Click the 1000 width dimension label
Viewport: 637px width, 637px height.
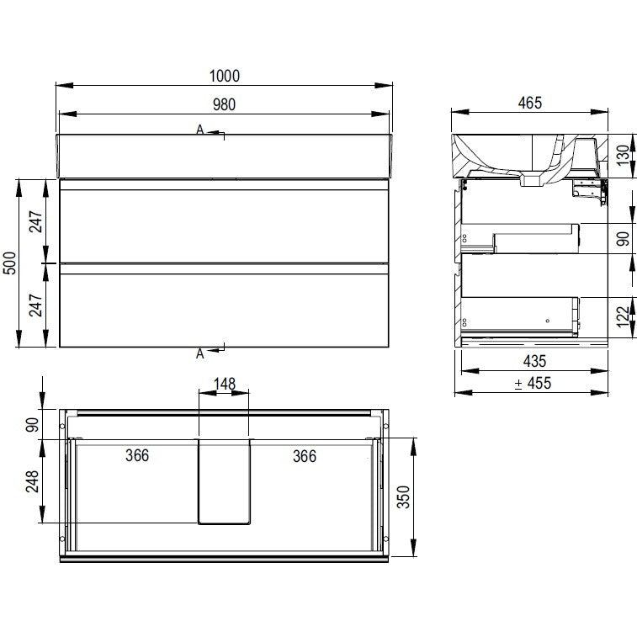[224, 76]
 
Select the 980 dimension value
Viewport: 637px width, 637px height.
[224, 105]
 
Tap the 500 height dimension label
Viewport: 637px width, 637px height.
[10, 263]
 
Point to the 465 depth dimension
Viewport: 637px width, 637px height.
[530, 103]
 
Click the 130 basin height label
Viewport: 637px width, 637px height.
[623, 156]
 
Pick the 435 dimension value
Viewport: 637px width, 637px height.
[534, 361]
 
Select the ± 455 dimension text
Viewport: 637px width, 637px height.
[533, 383]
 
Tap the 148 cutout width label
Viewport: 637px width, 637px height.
[224, 384]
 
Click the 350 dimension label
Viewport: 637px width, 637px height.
[403, 496]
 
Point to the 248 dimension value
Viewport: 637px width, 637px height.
[32, 481]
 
